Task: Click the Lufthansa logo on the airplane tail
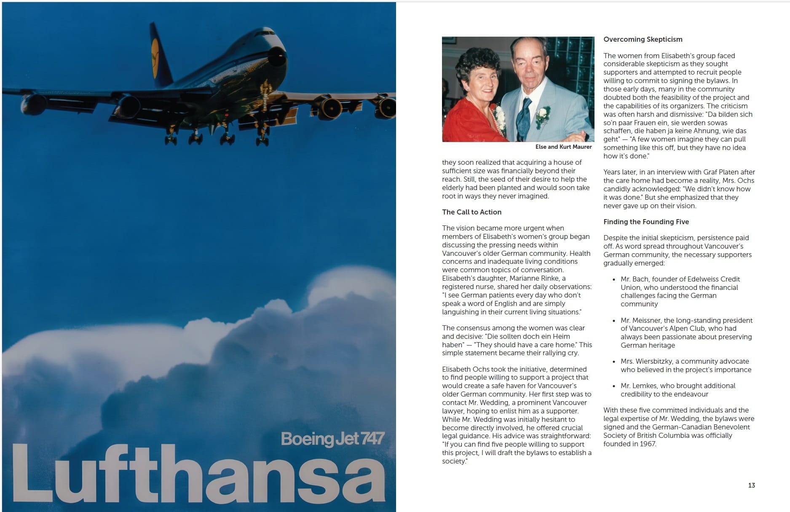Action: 155,59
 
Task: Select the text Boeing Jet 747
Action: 332,439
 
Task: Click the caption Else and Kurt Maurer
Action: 563,147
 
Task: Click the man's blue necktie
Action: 524,118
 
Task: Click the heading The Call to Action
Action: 471,212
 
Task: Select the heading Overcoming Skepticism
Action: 643,39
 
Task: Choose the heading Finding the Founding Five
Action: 646,222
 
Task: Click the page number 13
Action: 751,485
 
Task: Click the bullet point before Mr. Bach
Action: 614,279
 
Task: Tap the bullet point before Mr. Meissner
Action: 614,321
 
